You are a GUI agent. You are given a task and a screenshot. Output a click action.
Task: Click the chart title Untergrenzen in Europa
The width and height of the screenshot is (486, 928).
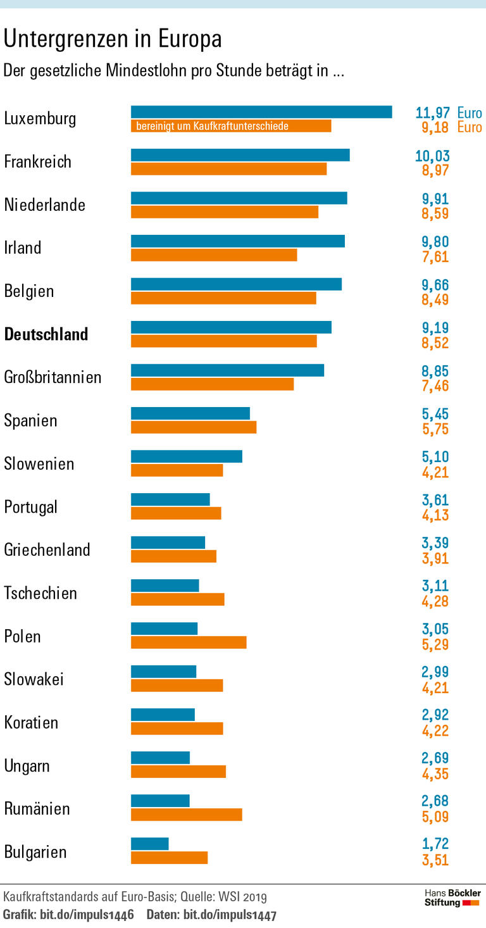113,39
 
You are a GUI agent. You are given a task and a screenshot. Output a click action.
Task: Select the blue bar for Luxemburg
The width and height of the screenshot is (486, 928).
261,112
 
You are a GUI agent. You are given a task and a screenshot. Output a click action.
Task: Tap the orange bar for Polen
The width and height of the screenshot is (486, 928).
188,643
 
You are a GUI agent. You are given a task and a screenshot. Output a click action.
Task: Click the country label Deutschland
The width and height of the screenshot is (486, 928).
46,334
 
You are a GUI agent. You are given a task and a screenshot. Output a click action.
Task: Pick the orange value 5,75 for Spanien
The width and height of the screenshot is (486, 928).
435,428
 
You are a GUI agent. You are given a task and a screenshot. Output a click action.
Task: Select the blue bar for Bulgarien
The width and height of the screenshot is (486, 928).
149,844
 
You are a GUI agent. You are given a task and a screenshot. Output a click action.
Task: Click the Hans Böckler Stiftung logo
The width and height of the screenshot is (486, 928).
451,898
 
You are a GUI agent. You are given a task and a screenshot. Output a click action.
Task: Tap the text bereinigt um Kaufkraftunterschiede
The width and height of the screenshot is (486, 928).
212,126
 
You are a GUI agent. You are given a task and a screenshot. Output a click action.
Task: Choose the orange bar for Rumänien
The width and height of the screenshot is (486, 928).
186,815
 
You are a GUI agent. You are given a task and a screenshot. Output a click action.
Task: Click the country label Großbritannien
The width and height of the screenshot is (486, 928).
53,377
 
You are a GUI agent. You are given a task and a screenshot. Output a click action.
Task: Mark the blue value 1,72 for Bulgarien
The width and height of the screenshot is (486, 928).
435,844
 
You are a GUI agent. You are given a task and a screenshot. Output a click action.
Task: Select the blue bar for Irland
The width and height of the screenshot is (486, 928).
237,241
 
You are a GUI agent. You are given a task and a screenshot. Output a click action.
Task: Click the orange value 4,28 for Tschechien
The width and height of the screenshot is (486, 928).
435,600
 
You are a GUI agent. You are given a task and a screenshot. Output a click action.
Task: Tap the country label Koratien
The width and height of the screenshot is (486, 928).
31,722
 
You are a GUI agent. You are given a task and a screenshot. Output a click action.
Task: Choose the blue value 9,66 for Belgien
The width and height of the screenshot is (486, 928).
435,285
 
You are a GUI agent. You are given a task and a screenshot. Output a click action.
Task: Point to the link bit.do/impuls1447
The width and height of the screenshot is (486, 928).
230,915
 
